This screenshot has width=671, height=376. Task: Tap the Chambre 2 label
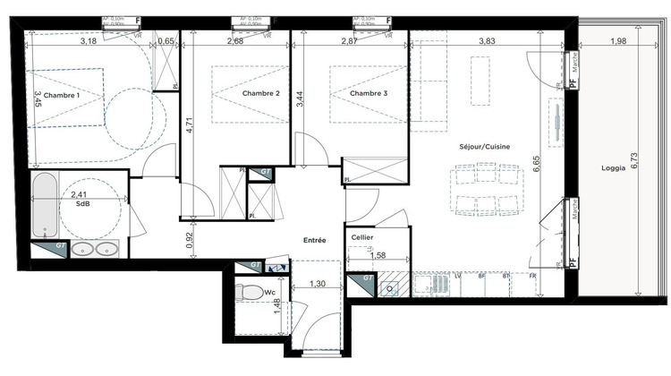pos(260,93)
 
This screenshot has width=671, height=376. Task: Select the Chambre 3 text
pos(367,93)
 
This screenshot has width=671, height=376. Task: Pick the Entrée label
pos(313,240)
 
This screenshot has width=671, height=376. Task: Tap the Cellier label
pos(362,237)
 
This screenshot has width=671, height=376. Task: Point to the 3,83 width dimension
pos(487,41)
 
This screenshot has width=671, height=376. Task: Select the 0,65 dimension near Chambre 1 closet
pos(166,41)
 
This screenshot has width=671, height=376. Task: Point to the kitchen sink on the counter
pos(390,286)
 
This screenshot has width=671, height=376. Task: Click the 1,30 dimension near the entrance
pos(316,284)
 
